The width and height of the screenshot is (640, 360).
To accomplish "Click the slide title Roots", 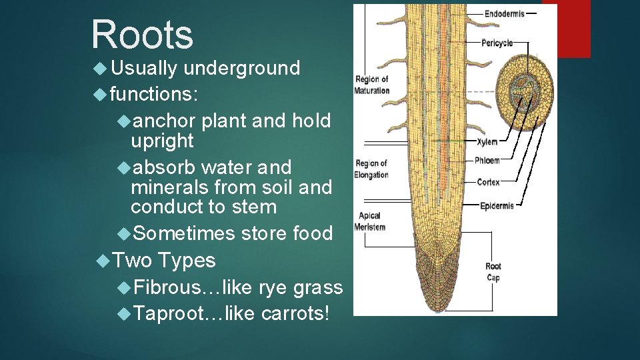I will pyautogui.click(x=143, y=34).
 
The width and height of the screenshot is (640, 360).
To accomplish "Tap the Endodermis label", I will pyautogui.click(x=504, y=13).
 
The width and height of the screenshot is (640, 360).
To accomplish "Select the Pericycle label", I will pyautogui.click(x=497, y=43).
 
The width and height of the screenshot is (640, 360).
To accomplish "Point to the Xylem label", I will pyautogui.click(x=487, y=142).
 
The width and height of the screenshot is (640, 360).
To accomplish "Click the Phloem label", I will pyautogui.click(x=488, y=161).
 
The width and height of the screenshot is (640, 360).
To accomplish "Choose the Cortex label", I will pyautogui.click(x=488, y=182).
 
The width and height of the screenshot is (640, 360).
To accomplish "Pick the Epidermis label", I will pyautogui.click(x=497, y=206).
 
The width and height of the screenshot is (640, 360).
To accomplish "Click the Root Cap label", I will pyautogui.click(x=493, y=272).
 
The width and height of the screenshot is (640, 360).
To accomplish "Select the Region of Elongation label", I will pyautogui.click(x=371, y=169).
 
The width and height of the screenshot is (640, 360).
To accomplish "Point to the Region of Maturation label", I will pyautogui.click(x=371, y=85).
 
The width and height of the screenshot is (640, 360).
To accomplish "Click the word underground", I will pyautogui.click(x=241, y=68).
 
